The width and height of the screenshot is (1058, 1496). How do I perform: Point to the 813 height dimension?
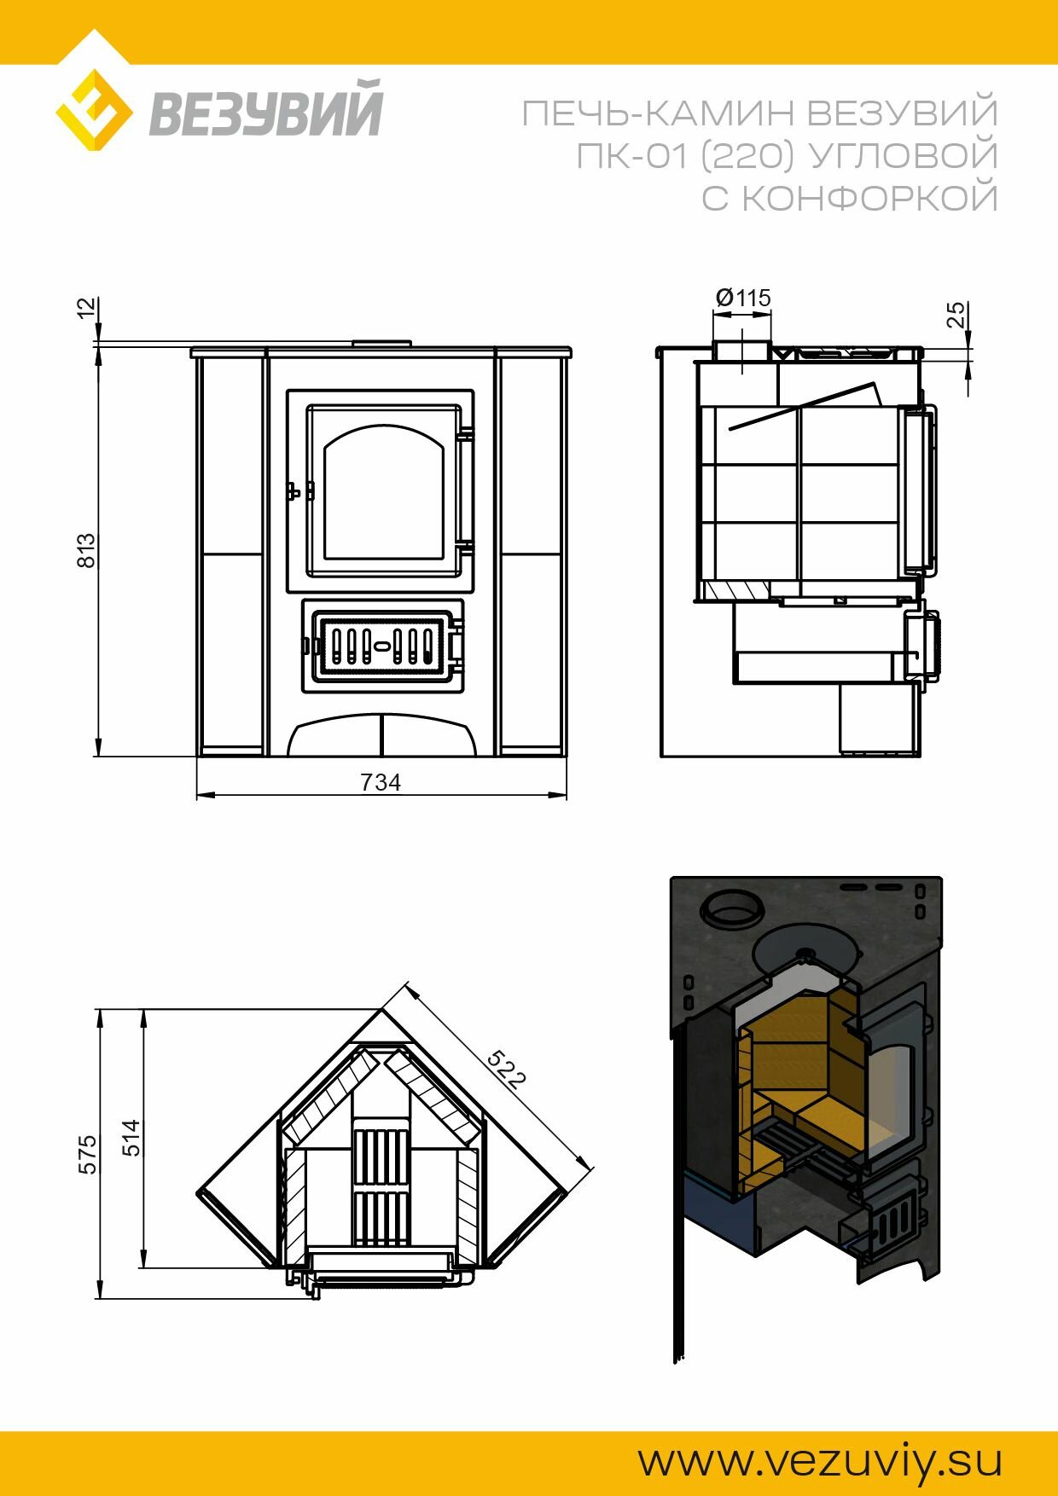click(86, 551)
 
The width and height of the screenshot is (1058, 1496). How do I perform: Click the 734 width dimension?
click(381, 782)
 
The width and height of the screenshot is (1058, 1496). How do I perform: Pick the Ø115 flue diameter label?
click(743, 298)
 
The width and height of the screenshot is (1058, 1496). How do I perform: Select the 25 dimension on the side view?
click(956, 315)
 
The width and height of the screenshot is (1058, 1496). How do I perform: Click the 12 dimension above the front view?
click(86, 308)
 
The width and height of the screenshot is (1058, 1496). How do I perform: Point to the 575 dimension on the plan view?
click(88, 1154)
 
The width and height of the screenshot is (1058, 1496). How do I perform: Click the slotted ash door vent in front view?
click(382, 646)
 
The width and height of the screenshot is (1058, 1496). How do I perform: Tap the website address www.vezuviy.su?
click(819, 1460)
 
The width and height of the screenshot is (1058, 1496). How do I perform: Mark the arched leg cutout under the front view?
click(381, 735)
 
